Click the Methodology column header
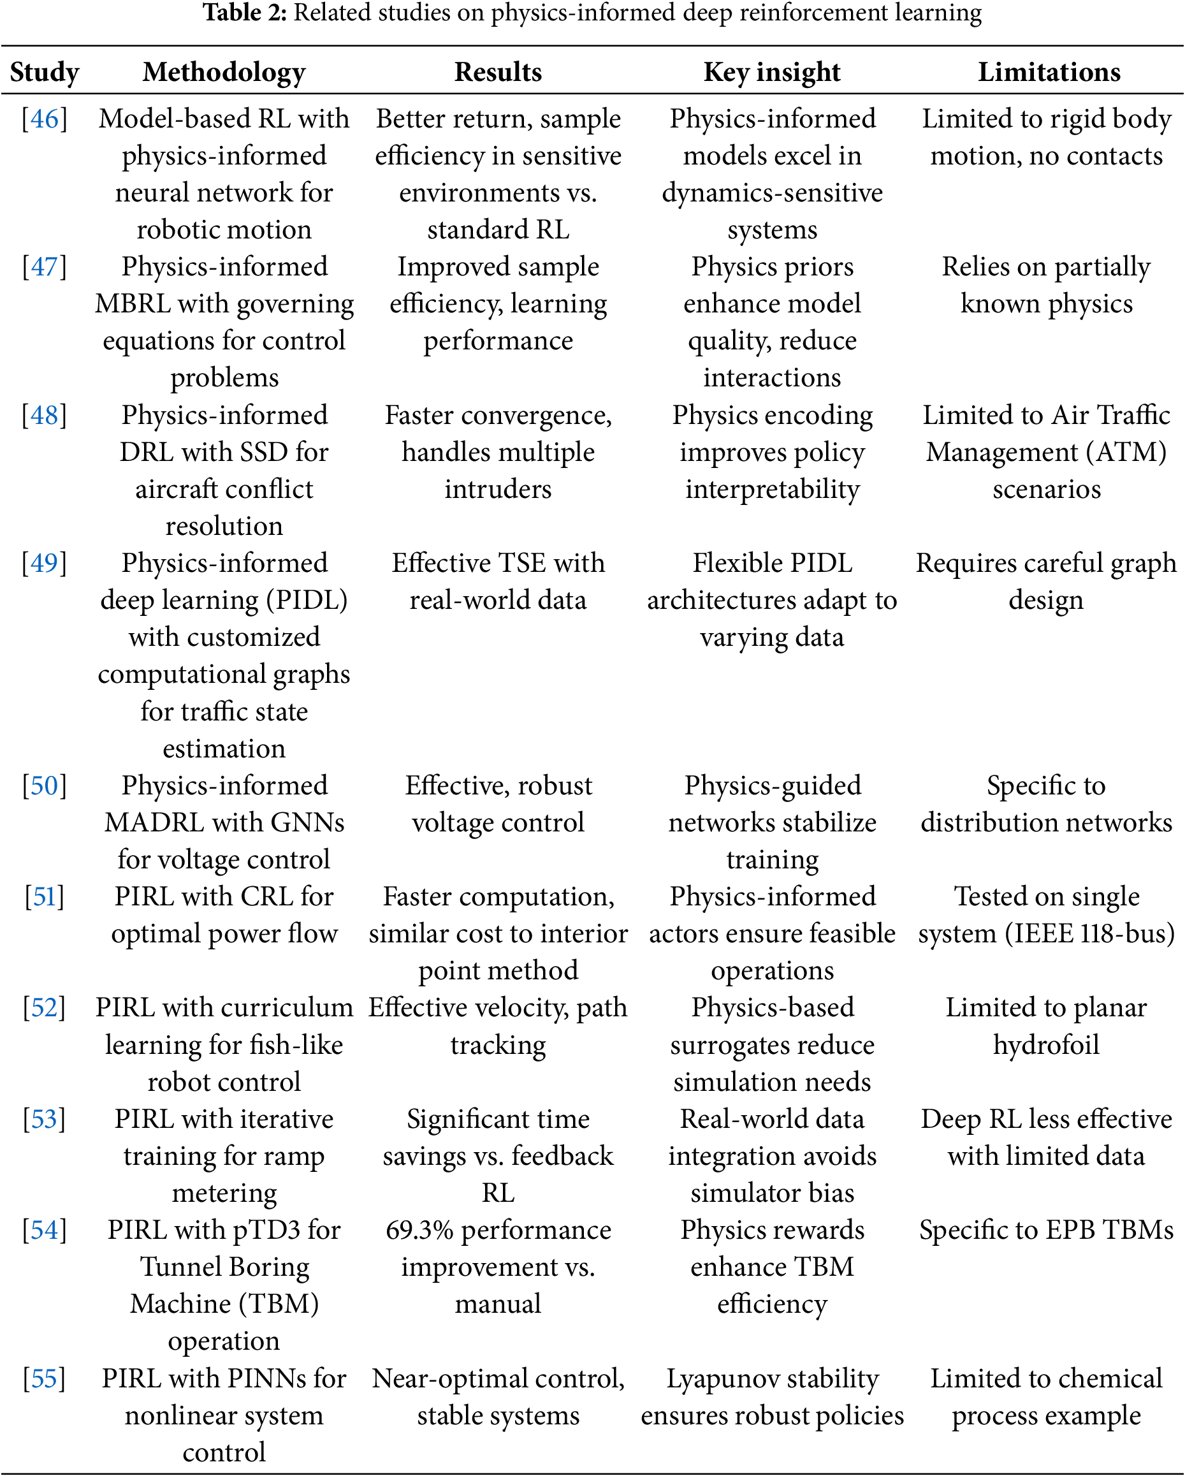click(224, 72)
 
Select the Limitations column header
click(1049, 72)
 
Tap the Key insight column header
click(771, 72)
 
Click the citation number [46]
click(45, 119)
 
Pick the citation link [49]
click(45, 564)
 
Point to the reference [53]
click(45, 1120)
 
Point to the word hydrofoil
click(1046, 1046)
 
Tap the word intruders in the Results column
click(498, 490)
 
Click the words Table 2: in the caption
click(244, 12)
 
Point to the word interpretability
click(772, 490)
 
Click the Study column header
click(45, 72)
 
